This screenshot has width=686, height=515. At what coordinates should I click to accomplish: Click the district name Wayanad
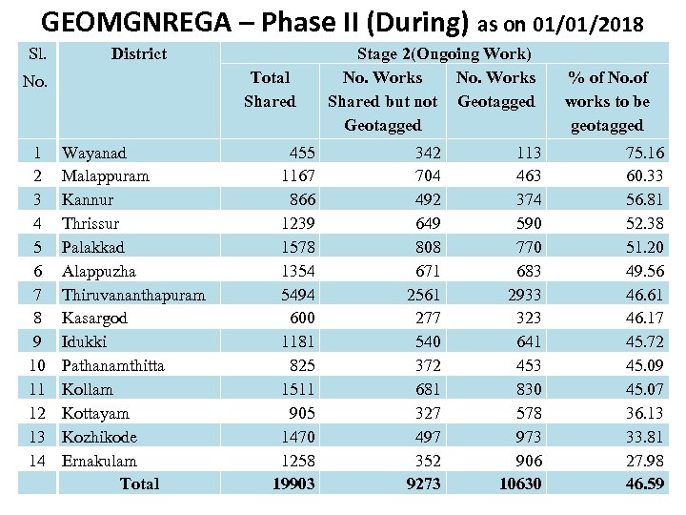(93, 153)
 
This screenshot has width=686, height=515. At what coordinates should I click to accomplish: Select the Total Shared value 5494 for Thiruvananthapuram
(293, 295)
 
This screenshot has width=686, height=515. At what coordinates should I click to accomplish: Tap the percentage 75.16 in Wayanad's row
(644, 153)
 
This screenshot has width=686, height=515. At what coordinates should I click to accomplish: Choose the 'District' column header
(138, 54)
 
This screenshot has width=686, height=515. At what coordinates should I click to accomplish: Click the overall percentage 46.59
(644, 484)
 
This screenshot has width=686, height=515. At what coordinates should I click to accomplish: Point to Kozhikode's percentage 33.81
(644, 437)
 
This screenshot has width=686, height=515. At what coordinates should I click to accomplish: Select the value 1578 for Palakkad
(295, 247)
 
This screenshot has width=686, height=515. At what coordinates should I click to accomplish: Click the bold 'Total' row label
(139, 484)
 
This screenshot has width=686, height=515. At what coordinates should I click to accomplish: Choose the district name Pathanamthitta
(112, 365)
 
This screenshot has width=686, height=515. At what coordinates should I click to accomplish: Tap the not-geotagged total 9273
(421, 484)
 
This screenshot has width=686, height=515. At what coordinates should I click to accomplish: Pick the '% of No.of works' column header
(607, 101)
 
